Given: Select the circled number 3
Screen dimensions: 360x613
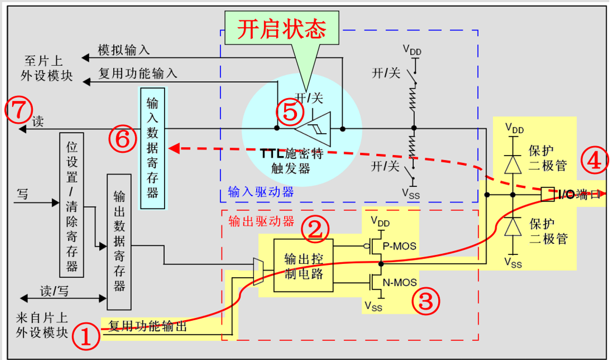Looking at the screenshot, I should tap(427, 302).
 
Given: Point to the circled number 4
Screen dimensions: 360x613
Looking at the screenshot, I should tap(593, 160).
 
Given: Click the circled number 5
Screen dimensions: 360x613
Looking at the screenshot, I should tap(290, 112).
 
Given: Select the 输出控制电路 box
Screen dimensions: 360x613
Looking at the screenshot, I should tap(303, 266).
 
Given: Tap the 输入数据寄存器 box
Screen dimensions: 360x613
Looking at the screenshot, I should tap(152, 148).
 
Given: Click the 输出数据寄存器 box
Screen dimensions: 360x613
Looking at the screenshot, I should tap(119, 242).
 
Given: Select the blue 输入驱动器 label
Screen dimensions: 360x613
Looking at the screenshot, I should tap(260, 192).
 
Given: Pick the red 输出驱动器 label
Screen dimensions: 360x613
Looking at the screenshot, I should tap(260, 221).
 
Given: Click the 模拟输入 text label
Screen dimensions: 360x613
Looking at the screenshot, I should tap(124, 50).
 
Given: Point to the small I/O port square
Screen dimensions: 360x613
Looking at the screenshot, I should tap(547, 194).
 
